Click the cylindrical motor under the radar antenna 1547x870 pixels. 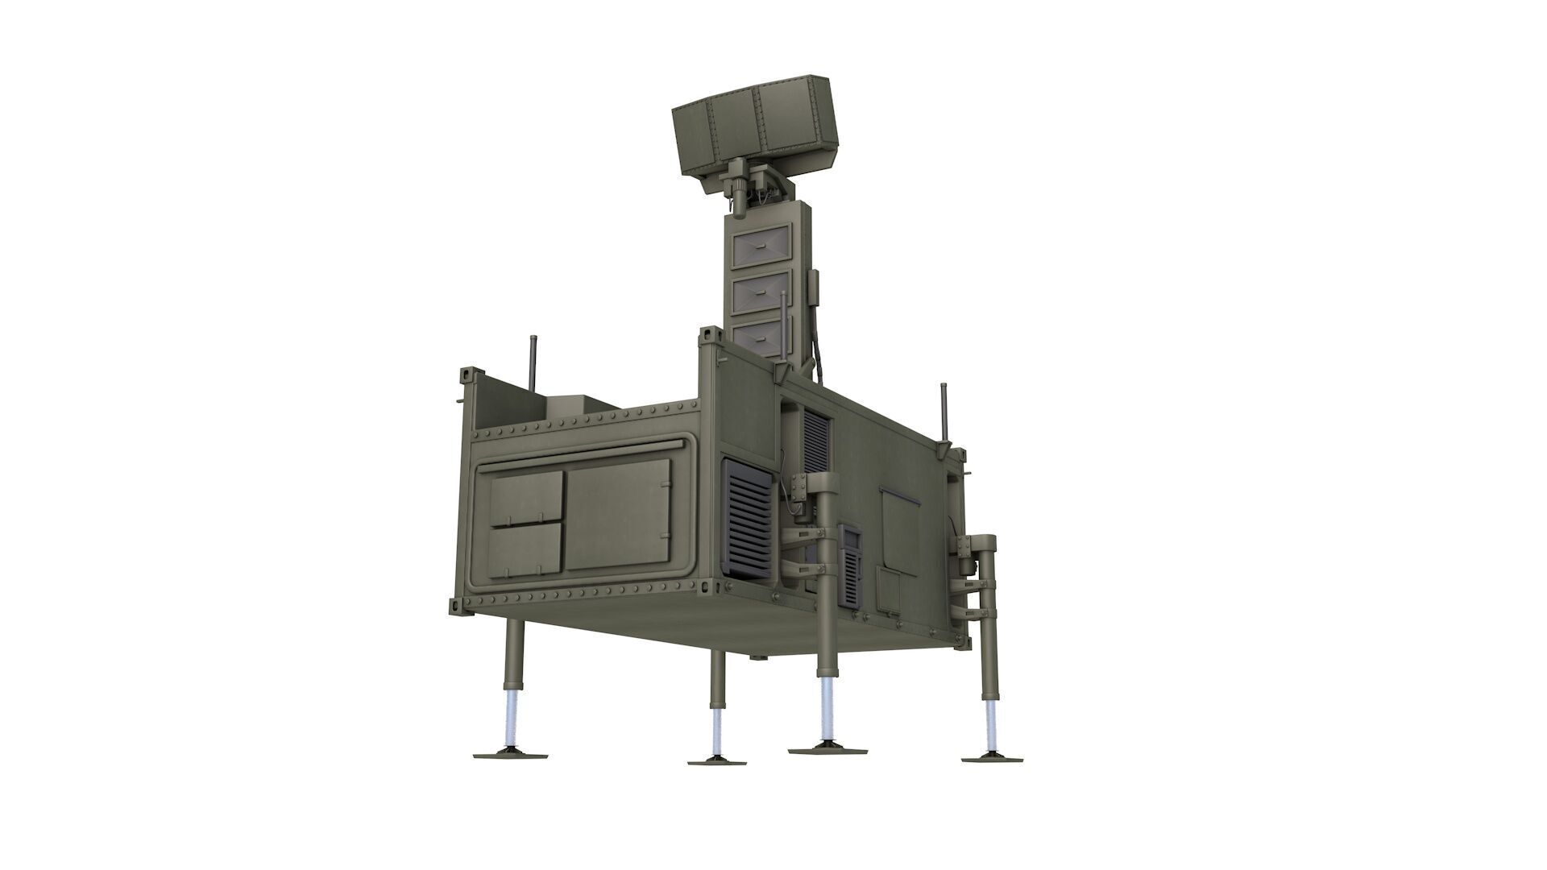tap(738, 193)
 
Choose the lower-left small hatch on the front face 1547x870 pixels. tap(526, 550)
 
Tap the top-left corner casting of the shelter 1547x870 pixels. tap(469, 377)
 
